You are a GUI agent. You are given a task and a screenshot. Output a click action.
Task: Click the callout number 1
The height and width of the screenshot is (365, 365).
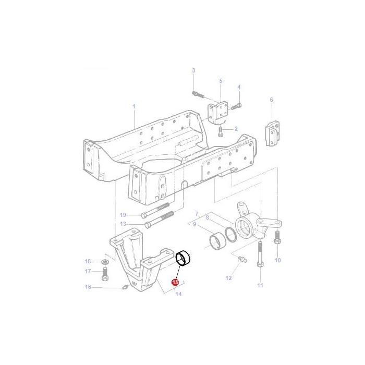pos(133,106)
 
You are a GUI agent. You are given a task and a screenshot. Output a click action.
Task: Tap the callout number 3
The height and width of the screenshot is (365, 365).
pos(193,70)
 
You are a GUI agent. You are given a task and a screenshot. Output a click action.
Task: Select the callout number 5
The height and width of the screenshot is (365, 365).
pos(221,81)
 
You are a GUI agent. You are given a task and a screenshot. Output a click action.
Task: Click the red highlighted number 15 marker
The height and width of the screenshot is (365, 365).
pos(175,282)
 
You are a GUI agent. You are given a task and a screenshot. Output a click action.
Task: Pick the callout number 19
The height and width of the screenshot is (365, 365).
pos(123,215)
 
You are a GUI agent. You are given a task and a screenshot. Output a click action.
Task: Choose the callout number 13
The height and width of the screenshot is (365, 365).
pos(123,224)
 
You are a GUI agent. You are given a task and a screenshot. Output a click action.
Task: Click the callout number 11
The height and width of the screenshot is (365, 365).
pos(260,285)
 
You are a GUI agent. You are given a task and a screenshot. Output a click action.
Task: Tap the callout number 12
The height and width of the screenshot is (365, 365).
pos(228,278)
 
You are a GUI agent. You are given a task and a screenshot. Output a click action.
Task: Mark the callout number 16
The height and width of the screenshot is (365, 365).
pos(88,287)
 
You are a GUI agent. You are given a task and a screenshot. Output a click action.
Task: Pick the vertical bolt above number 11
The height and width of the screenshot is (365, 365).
pos(259,256)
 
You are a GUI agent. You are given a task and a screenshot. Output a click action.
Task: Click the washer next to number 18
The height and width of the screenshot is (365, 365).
pos(106,261)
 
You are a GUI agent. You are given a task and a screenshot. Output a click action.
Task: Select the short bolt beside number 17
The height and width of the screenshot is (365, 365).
pos(106,271)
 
